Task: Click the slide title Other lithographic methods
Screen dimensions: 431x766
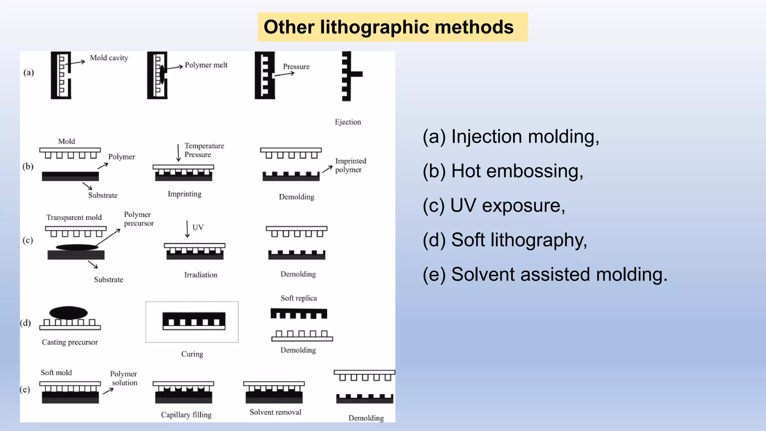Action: coord(389,27)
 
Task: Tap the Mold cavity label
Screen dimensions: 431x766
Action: coord(109,58)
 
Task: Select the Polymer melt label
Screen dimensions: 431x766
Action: coord(206,65)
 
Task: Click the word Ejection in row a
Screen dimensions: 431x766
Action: coord(348,122)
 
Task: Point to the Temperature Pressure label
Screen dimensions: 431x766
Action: coord(204,150)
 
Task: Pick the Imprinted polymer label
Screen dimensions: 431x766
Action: coord(350,165)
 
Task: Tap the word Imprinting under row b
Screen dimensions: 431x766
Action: coord(184,194)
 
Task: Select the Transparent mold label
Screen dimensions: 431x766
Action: coord(74,217)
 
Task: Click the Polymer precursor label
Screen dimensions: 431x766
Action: coord(138,219)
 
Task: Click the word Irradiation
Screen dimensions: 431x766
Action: coord(200,275)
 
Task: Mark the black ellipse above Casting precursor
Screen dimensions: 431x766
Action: coord(68,313)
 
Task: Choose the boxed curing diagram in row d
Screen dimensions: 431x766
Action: coord(192,322)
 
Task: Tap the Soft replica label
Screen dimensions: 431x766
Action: coord(298,298)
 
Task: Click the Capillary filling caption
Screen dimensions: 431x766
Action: coord(186,415)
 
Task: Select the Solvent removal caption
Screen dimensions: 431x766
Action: coord(275,412)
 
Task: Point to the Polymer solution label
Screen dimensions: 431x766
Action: coord(124,378)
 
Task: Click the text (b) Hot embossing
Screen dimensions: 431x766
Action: coord(503,171)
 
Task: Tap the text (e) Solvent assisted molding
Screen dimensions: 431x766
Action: coord(545,274)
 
